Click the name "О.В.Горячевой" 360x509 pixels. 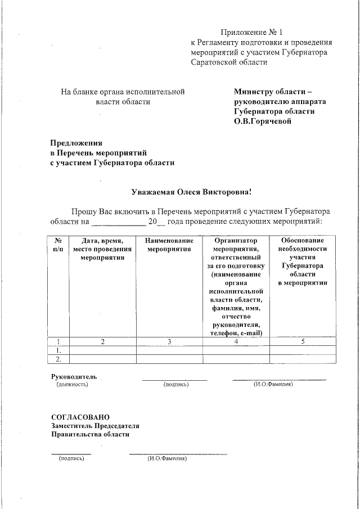click(x=263, y=121)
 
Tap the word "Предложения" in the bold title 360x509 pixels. click(x=76, y=143)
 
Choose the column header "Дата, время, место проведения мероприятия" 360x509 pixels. click(x=102, y=249)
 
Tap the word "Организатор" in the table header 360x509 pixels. click(x=236, y=240)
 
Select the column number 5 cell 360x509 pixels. click(x=303, y=341)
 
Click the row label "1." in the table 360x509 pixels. click(x=58, y=350)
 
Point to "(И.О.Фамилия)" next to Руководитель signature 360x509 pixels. click(x=272, y=384)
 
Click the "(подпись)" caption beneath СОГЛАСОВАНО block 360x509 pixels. click(x=71, y=458)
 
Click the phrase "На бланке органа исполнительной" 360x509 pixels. click(x=123, y=91)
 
